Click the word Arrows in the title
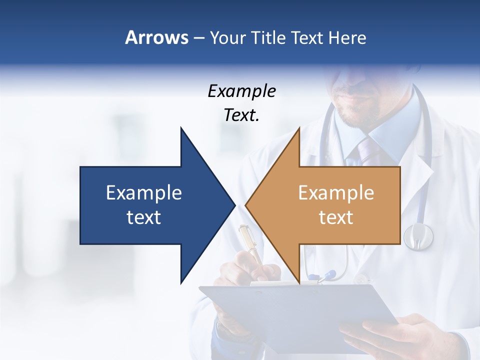[x=156, y=37]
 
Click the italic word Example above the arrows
[x=241, y=91]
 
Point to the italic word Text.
[x=241, y=115]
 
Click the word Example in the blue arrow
[x=144, y=192]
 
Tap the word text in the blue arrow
[x=144, y=217]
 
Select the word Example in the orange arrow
[x=336, y=192]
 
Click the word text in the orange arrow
[x=336, y=217]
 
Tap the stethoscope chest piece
[x=418, y=236]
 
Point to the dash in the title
[x=198, y=37]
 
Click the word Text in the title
[x=308, y=37]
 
